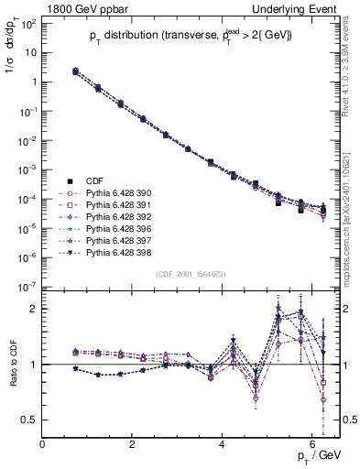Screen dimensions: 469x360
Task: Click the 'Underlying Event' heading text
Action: [295, 8]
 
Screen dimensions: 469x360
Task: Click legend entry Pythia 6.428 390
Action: [118, 193]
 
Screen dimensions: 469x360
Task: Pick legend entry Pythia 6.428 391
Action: [118, 205]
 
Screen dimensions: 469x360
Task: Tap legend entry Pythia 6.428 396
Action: [118, 228]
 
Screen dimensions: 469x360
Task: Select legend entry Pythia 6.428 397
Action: [118, 240]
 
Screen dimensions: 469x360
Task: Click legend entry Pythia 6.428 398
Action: [118, 252]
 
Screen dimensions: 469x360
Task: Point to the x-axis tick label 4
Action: [223, 445]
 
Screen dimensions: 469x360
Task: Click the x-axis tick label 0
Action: [43, 445]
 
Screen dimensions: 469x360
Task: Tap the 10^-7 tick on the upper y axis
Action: [27, 287]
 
